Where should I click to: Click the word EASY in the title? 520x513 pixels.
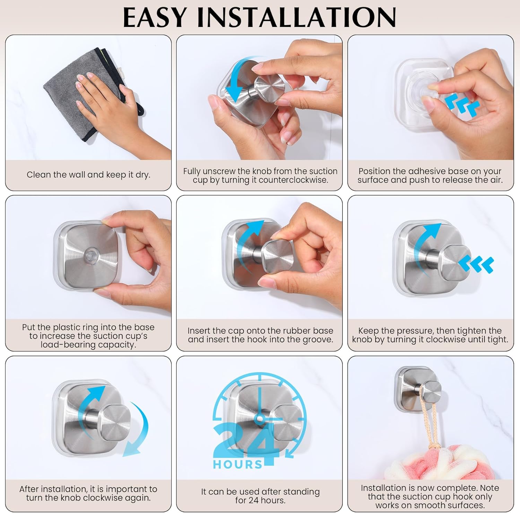tap(155, 17)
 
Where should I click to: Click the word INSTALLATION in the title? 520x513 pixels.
tap(297, 17)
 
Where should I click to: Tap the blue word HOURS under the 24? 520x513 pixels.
tap(238, 464)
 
